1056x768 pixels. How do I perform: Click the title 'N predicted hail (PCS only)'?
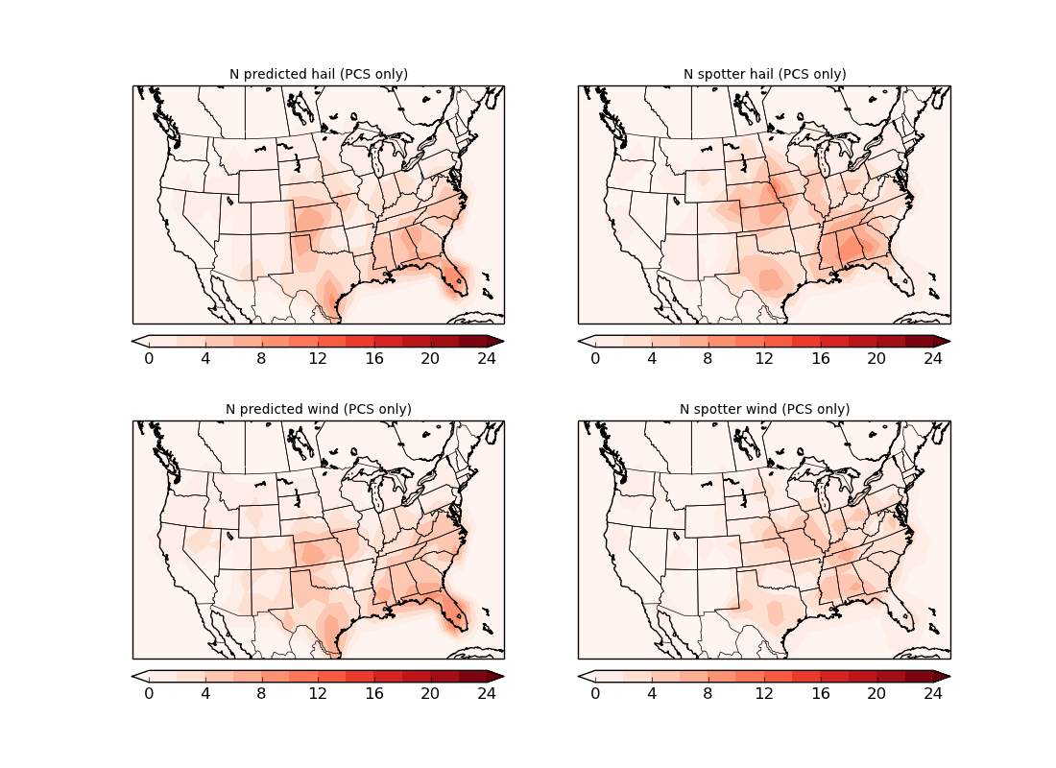[x=318, y=74]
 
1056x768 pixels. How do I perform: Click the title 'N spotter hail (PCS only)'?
[x=764, y=74]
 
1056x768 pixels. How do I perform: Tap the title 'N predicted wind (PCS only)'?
[x=318, y=409]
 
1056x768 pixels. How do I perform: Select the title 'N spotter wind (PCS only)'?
[x=764, y=409]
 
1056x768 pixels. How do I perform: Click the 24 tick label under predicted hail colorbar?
[x=487, y=358]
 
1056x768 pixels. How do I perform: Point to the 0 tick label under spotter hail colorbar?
[x=595, y=358]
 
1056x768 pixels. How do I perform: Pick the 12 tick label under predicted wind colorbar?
[x=318, y=693]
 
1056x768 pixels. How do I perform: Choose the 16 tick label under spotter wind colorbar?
[x=820, y=693]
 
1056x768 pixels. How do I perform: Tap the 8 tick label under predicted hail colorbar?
[x=261, y=358]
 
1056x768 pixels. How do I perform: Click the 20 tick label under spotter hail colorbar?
[x=876, y=358]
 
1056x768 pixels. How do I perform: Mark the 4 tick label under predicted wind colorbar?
[x=205, y=693]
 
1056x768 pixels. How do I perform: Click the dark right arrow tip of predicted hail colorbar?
[x=497, y=341]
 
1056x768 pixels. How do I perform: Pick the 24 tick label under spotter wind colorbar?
[x=933, y=693]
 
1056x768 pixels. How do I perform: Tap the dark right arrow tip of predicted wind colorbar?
[x=497, y=676]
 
